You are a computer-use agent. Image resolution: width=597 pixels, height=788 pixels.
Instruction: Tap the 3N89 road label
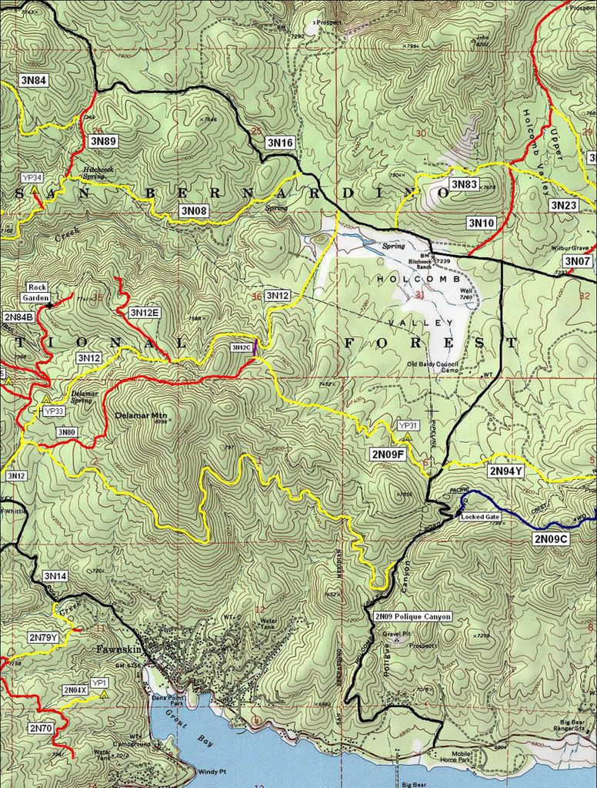coord(102,141)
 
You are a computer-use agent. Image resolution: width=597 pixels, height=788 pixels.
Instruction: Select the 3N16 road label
coord(280,143)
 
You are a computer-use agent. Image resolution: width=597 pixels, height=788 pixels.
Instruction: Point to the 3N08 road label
coord(193,210)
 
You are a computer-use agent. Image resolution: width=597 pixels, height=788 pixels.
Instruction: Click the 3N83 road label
coord(464,184)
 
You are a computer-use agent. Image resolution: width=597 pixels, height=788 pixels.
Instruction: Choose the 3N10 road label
coord(482,222)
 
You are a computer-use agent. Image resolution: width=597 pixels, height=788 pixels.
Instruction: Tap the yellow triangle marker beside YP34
coord(35,188)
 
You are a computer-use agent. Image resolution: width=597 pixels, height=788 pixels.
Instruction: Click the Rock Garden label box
coord(38,291)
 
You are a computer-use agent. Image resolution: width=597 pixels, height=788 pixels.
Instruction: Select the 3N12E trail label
coord(145,313)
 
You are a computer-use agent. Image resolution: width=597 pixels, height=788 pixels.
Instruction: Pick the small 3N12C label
coord(241,347)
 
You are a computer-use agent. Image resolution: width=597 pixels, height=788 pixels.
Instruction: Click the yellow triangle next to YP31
coord(407,436)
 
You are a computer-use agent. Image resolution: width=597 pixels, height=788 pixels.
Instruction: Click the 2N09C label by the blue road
coord(550,539)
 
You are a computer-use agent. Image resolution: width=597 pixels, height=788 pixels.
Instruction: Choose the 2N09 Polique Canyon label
coord(412,616)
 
